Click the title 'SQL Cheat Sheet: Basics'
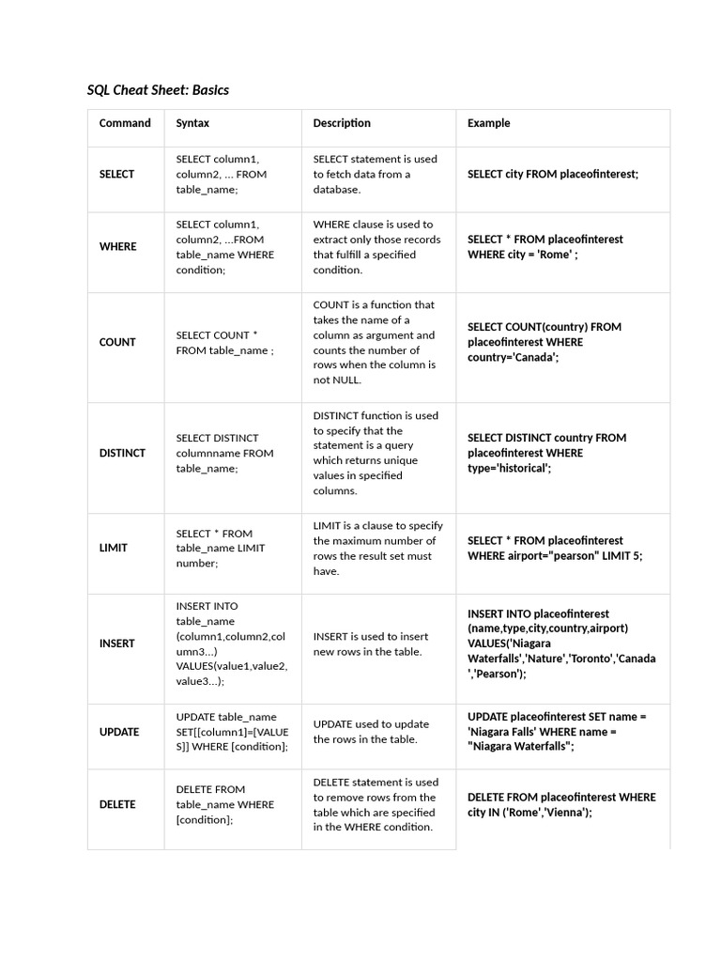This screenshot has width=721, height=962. pyautogui.click(x=158, y=90)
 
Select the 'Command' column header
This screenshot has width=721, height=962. pyautogui.click(x=125, y=123)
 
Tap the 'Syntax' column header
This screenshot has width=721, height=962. pyautogui.click(x=192, y=123)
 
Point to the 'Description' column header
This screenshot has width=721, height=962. pyautogui.click(x=342, y=123)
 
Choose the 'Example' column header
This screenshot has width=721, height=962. pyautogui.click(x=489, y=123)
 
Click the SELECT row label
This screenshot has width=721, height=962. pyautogui.click(x=116, y=174)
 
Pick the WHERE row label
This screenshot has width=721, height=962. pyautogui.click(x=117, y=247)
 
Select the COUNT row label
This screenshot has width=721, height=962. pyautogui.click(x=117, y=343)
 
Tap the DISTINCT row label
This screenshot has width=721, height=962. pyautogui.click(x=122, y=453)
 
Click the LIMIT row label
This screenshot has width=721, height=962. pyautogui.click(x=114, y=548)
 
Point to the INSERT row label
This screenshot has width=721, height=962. pyautogui.click(x=116, y=644)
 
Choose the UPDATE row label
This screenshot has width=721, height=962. pyautogui.click(x=119, y=732)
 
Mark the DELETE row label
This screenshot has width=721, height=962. pyautogui.click(x=117, y=804)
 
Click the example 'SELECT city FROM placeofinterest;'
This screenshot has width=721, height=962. pyautogui.click(x=553, y=174)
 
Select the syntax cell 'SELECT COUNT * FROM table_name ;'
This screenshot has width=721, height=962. pyautogui.click(x=225, y=343)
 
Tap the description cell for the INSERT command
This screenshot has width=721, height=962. pyautogui.click(x=369, y=644)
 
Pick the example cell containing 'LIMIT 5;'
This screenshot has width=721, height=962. pyautogui.click(x=555, y=548)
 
